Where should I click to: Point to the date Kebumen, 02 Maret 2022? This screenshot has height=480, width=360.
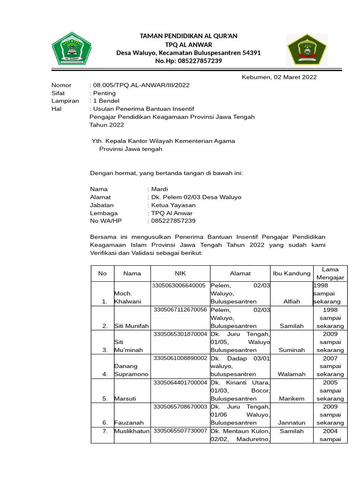coord(279,77)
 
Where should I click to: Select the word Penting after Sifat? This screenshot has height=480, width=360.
coord(105,93)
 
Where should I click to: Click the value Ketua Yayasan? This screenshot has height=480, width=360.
coord(173,205)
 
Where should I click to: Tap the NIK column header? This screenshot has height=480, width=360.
coord(180,273)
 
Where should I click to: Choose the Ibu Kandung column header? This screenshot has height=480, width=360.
coord(292,273)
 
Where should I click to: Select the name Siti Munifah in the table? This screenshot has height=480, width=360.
coord(132,326)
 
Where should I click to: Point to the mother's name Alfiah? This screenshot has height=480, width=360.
coord(292,301)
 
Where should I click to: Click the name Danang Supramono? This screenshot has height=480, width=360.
coord(132,370)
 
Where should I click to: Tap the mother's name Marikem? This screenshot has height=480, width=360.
coord(292,398)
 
